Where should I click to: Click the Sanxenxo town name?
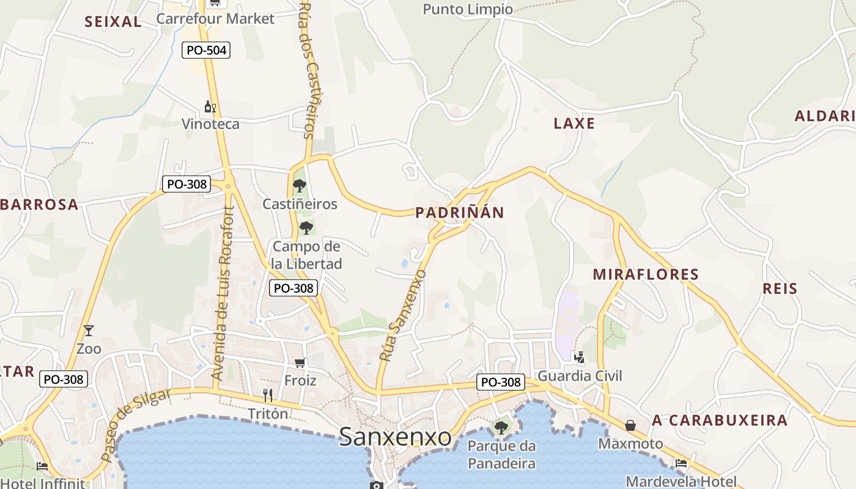pyautogui.click(x=395, y=436)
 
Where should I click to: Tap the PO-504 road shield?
pyautogui.click(x=206, y=50)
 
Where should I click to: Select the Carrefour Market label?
pyautogui.click(x=215, y=18)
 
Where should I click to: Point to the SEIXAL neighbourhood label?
pyautogui.click(x=113, y=22)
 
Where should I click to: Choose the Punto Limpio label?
pyautogui.click(x=468, y=9)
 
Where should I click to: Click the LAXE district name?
pyautogui.click(x=574, y=123)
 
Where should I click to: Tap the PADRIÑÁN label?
pyautogui.click(x=460, y=213)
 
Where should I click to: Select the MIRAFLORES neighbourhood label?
pyautogui.click(x=646, y=274)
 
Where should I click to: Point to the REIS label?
pyautogui.click(x=780, y=289)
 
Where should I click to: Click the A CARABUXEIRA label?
pyautogui.click(x=720, y=421)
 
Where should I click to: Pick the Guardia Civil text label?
pyautogui.click(x=580, y=375)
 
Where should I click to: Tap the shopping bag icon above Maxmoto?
pyautogui.click(x=630, y=425)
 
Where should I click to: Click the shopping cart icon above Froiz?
pyautogui.click(x=300, y=363)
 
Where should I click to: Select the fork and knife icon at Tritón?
pyautogui.click(x=267, y=395)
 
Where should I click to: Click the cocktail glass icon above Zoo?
pyautogui.click(x=89, y=331)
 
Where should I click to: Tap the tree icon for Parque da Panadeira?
pyautogui.click(x=501, y=427)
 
